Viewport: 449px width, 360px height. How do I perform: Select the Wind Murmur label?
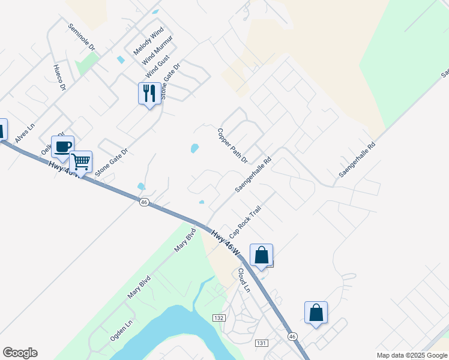[x=157, y=51]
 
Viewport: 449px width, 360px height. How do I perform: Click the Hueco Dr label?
[x=59, y=77]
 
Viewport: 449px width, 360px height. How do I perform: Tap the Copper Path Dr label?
[x=232, y=146]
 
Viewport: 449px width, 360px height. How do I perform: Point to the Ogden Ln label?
[x=118, y=330]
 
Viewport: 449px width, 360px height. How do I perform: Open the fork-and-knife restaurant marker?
[x=149, y=94]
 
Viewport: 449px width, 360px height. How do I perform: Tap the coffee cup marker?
[x=62, y=147]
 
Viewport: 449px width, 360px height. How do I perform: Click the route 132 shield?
[x=218, y=316]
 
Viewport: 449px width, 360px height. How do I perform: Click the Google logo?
[x=20, y=353]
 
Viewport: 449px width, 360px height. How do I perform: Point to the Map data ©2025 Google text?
[x=411, y=355]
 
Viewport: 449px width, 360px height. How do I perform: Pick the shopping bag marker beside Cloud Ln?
[x=261, y=256]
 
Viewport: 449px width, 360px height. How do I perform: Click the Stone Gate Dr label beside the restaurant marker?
[x=170, y=82]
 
